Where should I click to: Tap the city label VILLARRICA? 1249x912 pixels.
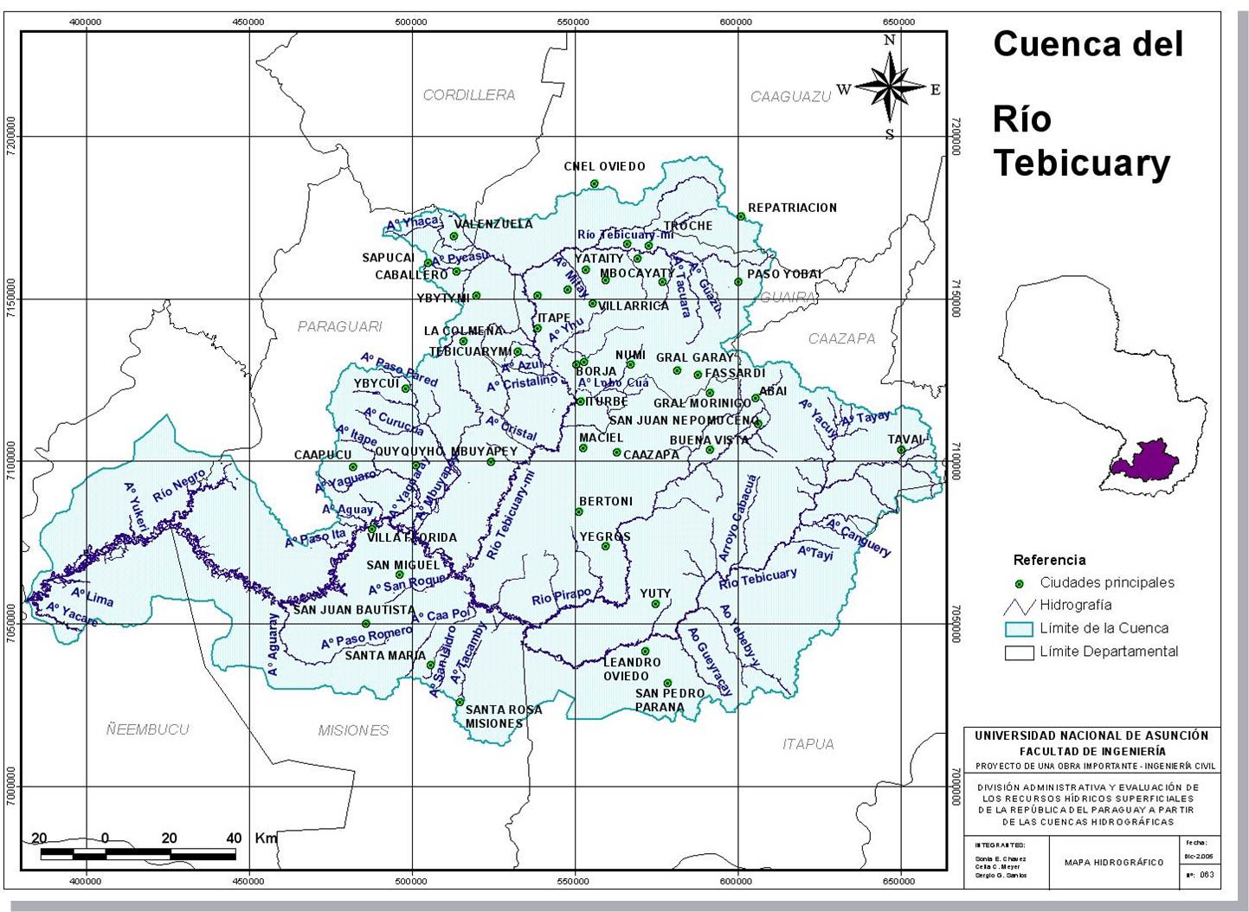[x=634, y=306]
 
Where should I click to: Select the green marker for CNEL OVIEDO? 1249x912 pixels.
[x=595, y=183]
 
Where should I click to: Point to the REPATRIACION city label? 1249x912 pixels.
[x=792, y=208]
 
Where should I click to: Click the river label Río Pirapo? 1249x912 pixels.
[x=561, y=598]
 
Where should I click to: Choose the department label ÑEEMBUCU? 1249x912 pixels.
[x=147, y=729]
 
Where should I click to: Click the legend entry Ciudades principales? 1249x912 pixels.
[x=1106, y=582]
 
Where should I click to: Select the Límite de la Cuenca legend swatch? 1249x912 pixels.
[x=1020, y=629]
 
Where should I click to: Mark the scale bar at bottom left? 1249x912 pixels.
[x=138, y=855]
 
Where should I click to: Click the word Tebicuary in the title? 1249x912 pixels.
[x=1081, y=163]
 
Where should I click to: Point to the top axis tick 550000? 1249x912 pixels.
[x=574, y=22]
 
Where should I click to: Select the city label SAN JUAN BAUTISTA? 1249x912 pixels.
[x=353, y=610]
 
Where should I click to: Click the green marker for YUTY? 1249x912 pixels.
[x=655, y=604]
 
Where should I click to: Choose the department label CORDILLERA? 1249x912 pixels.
[x=468, y=95]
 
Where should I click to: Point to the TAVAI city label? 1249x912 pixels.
[x=905, y=440]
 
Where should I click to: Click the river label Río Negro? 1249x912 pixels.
[x=179, y=486]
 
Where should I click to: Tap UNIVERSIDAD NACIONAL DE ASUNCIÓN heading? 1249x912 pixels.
[x=1091, y=735]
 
